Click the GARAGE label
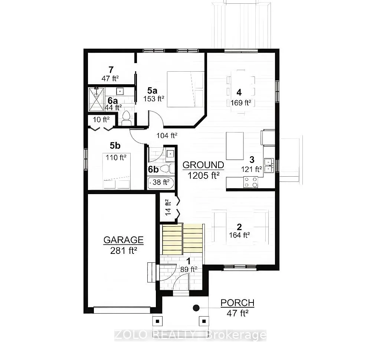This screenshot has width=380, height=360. (123, 240)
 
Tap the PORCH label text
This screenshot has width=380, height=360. (237, 303)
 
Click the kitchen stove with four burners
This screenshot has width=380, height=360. (250, 182)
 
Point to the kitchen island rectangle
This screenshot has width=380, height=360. (235, 146)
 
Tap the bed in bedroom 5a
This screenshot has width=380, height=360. (185, 89)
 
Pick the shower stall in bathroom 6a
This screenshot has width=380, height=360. (96, 99)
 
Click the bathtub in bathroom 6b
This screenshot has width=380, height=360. (160, 183)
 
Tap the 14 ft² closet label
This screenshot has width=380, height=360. (167, 207)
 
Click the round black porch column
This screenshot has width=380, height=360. (196, 308)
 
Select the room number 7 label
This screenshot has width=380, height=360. (111, 69)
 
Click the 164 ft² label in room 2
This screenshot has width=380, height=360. (239, 235)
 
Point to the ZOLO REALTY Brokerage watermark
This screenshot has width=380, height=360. (190, 335)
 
